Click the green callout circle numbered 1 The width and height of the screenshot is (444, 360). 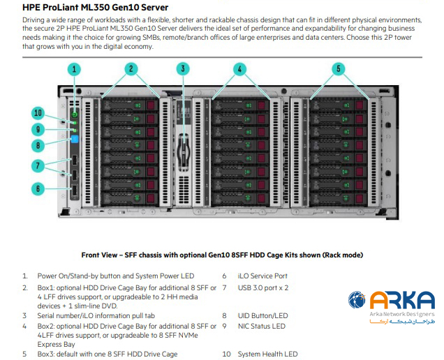point(75,69)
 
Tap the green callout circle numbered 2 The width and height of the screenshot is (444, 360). point(131,68)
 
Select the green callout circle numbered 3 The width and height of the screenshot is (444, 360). point(183,68)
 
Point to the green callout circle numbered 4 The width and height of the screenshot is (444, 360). point(239,68)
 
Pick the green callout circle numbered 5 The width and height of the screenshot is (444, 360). point(339,68)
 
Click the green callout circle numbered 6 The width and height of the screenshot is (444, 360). point(39,188)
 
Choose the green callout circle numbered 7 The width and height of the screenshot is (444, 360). point(39,165)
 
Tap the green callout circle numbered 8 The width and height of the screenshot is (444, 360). point(39,145)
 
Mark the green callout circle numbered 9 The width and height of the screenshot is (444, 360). point(39,128)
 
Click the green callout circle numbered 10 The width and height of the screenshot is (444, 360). point(39,113)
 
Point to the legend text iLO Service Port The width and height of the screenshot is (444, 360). point(262,276)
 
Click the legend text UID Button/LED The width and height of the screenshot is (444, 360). point(262,315)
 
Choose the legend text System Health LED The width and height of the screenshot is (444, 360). point(267,354)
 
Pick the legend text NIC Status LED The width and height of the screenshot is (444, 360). point(262,326)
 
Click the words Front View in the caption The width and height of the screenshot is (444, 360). point(100,255)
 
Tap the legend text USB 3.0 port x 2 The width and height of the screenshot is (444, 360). point(263,286)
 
